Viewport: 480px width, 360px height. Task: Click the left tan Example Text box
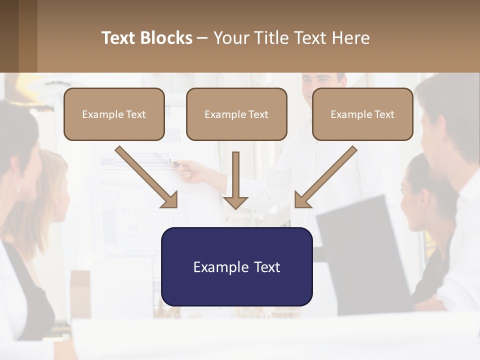(114, 114)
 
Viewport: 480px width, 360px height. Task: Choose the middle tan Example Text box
(236, 114)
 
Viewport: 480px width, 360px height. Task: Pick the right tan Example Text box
(362, 114)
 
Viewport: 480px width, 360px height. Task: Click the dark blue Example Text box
(236, 267)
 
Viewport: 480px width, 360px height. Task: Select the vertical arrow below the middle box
(235, 180)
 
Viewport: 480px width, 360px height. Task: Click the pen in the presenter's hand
(173, 161)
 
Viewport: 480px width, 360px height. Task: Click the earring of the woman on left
(18, 188)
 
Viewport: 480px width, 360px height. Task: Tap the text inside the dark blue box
(236, 267)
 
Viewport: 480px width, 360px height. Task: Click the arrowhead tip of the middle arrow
(235, 207)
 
